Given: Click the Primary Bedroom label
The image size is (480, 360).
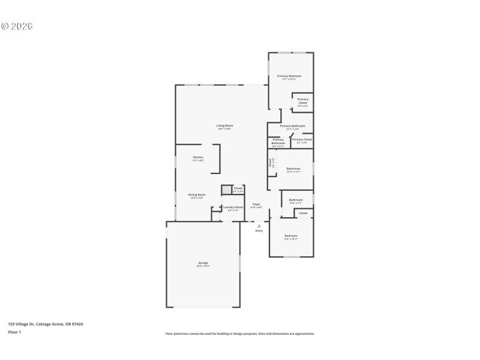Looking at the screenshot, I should [x=289, y=76].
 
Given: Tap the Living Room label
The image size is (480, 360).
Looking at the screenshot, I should [x=224, y=125].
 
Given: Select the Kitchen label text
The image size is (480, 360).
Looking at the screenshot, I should [x=197, y=158].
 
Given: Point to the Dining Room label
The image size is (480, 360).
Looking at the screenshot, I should [x=197, y=195].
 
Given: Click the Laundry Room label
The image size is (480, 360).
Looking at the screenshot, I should [x=233, y=208].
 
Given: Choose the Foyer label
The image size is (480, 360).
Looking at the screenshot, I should [x=256, y=205].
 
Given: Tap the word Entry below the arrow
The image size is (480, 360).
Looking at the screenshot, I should [x=259, y=230].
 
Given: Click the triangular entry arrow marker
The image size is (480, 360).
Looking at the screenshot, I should [x=259, y=226].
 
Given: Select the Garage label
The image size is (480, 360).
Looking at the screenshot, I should [x=203, y=263].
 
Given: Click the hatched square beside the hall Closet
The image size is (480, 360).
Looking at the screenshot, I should [x=226, y=190].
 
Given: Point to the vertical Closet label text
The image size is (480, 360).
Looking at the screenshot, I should [x=270, y=162].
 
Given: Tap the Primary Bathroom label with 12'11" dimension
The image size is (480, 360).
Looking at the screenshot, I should [x=292, y=126].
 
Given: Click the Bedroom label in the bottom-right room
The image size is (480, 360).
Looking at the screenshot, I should [x=290, y=236].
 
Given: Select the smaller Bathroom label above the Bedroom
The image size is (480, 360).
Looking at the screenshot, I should [x=296, y=200].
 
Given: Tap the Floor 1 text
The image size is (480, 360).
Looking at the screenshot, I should [x=14, y=332].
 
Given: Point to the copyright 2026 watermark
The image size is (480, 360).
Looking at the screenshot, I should [x=17, y=26].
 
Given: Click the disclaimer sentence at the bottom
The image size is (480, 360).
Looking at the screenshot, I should [x=239, y=334].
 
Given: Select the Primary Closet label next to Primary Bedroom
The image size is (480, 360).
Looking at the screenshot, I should [x=302, y=101].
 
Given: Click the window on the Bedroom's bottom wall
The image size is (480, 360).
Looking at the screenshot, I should [x=292, y=257].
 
